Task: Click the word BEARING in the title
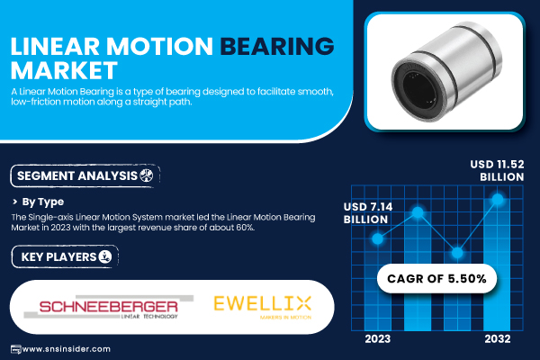(x=277, y=46)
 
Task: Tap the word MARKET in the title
(x=65, y=70)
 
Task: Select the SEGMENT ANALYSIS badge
(x=85, y=176)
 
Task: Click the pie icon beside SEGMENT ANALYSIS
(x=147, y=175)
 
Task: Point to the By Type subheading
(x=42, y=202)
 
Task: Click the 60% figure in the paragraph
(x=245, y=228)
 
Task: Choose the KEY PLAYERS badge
(x=65, y=256)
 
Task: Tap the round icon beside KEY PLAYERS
(x=105, y=256)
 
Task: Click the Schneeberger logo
(x=109, y=307)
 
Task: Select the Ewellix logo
(x=263, y=307)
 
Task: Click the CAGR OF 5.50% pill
(x=436, y=279)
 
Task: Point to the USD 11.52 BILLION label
(x=497, y=170)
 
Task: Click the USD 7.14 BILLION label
(x=368, y=213)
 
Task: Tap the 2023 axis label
(x=378, y=339)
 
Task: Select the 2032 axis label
(x=498, y=339)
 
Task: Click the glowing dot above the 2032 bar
(x=498, y=199)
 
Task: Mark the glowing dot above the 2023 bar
(x=378, y=238)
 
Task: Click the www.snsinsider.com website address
(x=66, y=349)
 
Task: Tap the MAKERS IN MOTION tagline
(x=285, y=317)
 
